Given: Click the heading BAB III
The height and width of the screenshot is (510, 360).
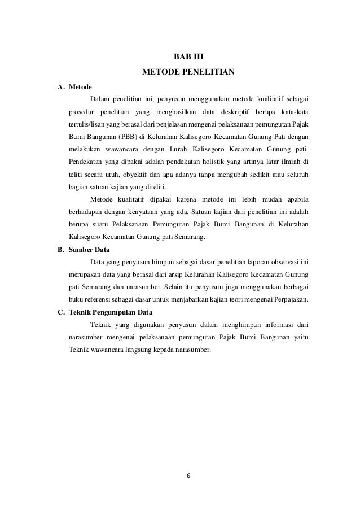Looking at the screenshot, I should point(187,57).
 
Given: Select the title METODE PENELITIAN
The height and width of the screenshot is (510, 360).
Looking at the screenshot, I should point(187,72).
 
